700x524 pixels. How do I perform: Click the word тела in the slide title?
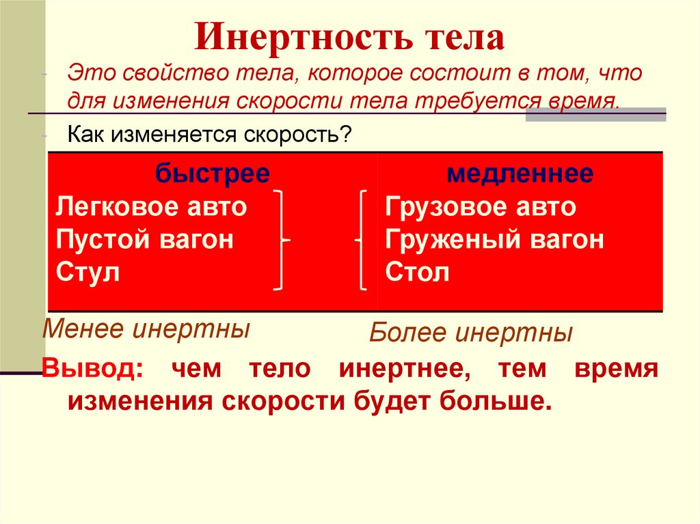pos(459,38)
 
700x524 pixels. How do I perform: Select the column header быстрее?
pos(212,174)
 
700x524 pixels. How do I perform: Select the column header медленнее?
pos(520,174)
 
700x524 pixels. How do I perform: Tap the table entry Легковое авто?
pos(151,206)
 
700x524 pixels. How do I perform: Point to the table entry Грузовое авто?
pos(481,206)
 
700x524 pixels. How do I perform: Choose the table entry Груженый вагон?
pos(494,240)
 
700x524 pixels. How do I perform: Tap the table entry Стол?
pos(417,273)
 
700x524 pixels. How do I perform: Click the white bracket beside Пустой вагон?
pos(282,240)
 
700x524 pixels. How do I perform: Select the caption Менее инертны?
pos(146,330)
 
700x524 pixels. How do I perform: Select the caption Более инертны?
pos(471,334)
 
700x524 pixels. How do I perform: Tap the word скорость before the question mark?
pos(298,134)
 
